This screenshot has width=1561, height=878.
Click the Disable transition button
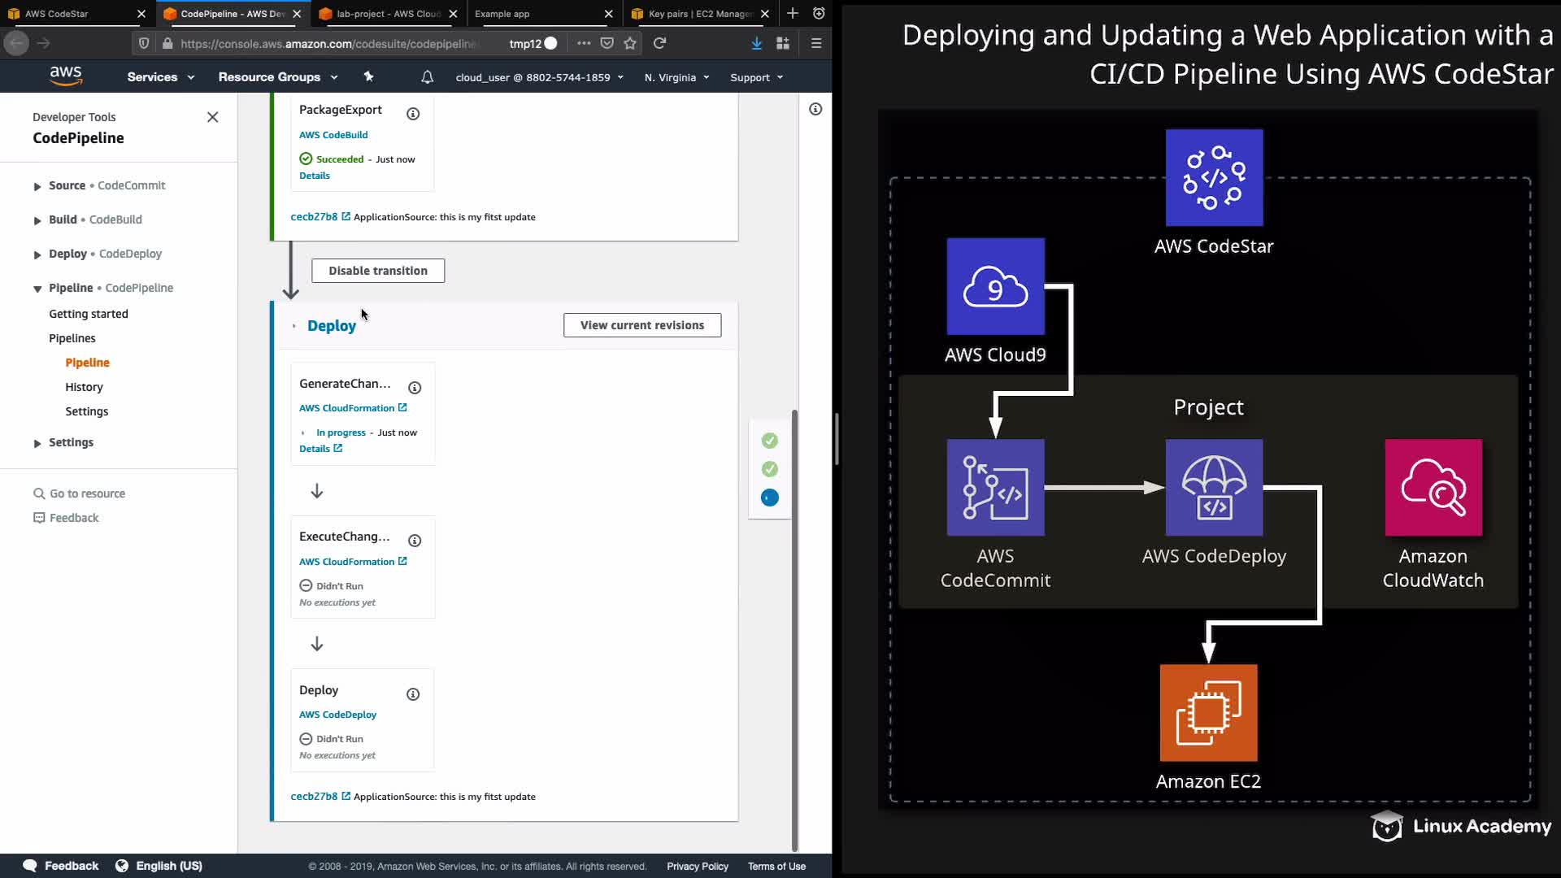378,271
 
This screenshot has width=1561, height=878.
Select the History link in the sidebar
84,387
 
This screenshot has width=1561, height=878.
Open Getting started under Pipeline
89,314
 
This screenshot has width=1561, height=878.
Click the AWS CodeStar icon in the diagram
1214,177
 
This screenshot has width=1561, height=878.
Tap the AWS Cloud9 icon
995,286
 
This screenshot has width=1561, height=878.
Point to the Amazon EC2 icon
1208,713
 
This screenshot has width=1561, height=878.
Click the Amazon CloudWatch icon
1433,488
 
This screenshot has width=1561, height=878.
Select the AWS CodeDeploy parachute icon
1214,488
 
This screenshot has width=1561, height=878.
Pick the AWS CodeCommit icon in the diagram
995,488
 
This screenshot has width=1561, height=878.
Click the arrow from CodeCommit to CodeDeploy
1105,488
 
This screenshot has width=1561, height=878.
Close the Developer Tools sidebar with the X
213,117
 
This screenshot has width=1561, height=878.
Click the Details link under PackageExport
315,176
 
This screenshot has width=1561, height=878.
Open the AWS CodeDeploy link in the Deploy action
337,715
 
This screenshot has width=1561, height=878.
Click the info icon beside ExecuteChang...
415,541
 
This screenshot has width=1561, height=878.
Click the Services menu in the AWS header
161,77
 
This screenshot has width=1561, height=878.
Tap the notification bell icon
427,77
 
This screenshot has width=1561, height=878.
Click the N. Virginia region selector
677,77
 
